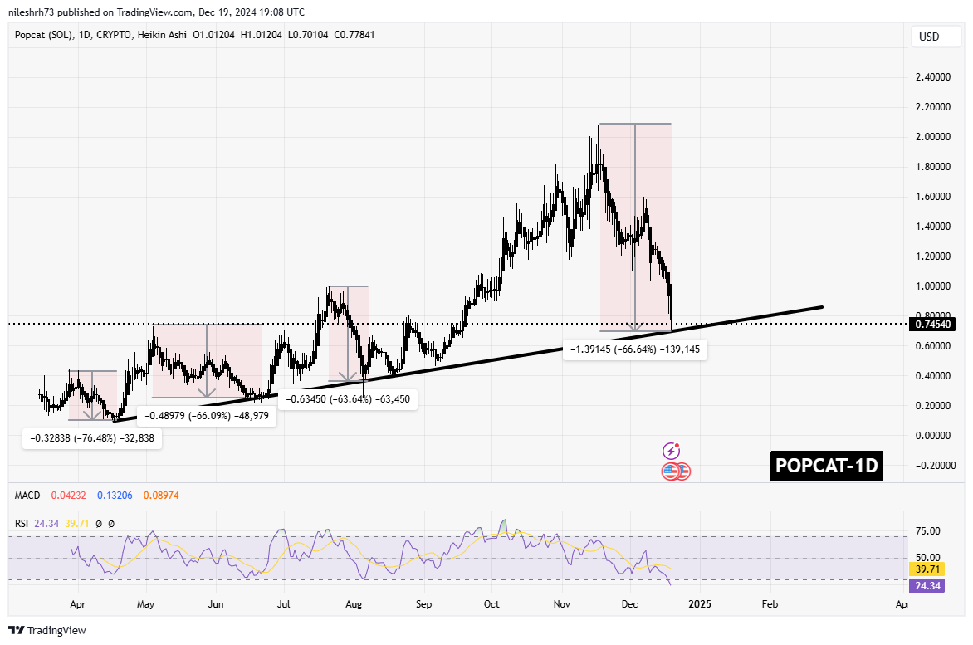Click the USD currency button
tap(928, 37)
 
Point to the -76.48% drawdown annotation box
tap(91, 437)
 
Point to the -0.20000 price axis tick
tap(931, 466)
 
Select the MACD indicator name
tap(27, 496)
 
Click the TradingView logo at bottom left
tap(47, 631)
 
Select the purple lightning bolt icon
tap(672, 452)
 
